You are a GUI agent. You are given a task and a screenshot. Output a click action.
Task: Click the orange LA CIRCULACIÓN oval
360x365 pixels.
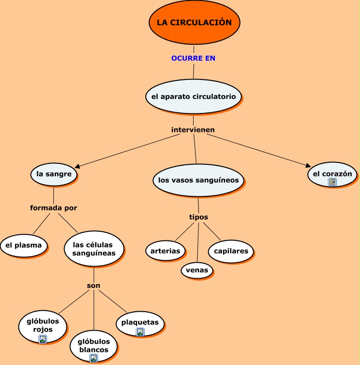click(x=194, y=23)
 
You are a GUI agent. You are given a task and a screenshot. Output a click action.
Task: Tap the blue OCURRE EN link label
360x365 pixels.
click(x=193, y=58)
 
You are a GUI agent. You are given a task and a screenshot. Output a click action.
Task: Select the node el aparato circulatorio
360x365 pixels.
click(x=194, y=96)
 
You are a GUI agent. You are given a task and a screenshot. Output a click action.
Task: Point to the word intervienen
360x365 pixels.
click(x=193, y=130)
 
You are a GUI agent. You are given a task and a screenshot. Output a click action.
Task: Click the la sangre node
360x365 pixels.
click(x=54, y=174)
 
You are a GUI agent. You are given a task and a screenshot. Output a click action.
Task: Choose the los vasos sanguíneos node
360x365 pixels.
click(x=198, y=180)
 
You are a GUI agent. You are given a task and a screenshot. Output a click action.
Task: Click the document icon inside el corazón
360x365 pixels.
click(x=332, y=182)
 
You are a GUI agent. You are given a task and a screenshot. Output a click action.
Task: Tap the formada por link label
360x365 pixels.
click(x=53, y=208)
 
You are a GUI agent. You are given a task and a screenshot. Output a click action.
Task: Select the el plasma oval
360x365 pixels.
click(x=24, y=245)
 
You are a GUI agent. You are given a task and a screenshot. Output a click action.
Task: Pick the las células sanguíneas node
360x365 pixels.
click(x=94, y=249)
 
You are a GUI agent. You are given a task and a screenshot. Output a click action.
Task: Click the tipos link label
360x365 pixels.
click(x=198, y=217)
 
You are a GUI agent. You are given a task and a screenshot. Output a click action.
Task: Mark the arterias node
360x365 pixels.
click(x=165, y=251)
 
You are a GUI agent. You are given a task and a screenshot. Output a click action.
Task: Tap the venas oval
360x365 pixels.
click(x=197, y=270)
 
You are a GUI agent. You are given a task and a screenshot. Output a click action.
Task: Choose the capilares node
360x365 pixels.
click(x=231, y=251)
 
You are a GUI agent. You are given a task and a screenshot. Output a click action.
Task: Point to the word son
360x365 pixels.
click(x=94, y=286)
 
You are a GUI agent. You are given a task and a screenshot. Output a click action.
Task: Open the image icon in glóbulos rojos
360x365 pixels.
click(x=43, y=339)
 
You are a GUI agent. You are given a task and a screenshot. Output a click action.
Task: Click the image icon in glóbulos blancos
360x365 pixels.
click(x=94, y=358)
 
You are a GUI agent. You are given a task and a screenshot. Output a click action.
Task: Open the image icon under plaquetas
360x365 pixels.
click(x=140, y=332)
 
